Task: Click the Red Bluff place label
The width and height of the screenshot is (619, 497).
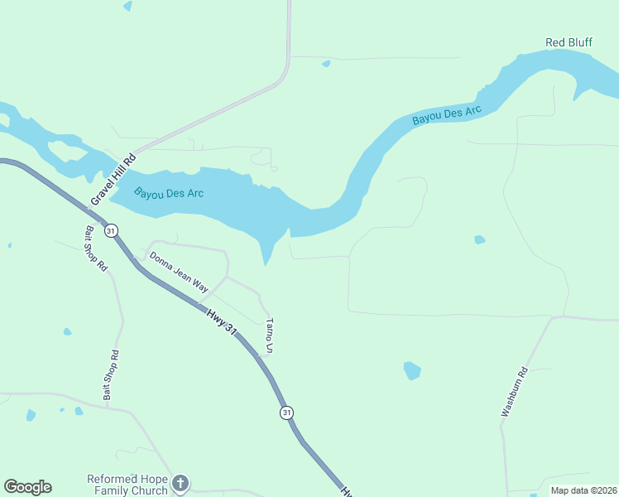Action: [569, 42]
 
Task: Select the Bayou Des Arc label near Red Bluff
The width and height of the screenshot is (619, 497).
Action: [447, 115]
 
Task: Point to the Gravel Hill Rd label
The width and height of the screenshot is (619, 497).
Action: [113, 180]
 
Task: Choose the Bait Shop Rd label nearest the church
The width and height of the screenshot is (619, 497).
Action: [110, 376]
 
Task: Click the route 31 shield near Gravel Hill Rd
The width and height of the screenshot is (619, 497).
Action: [111, 229]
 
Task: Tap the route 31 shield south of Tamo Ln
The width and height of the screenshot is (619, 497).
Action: [286, 413]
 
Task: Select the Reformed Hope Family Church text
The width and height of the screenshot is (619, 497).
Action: [127, 485]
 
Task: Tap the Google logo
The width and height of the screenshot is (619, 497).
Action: [27, 487]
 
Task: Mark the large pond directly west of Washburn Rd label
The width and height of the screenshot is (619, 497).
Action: [412, 369]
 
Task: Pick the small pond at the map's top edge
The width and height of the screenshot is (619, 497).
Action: [127, 6]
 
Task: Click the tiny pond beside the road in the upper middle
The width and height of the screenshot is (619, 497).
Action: [326, 63]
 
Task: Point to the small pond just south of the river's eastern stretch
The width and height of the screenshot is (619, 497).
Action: [479, 240]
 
